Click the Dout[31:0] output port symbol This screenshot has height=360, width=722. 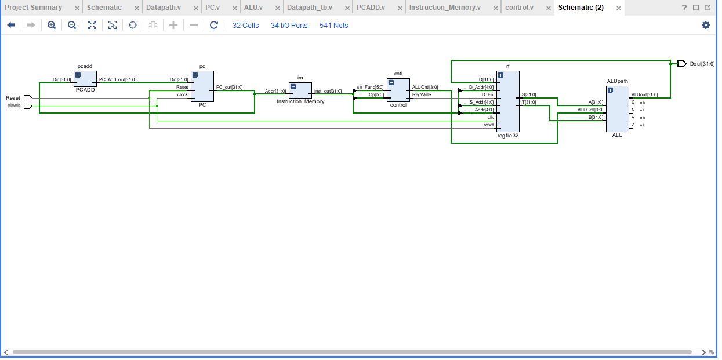tap(681, 64)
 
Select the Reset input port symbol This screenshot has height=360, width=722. tap(27, 99)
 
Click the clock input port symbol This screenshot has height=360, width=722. tap(27, 106)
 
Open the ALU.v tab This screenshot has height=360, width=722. tap(253, 8)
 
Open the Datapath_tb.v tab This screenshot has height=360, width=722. tap(310, 8)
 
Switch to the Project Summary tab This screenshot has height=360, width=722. tap(34, 8)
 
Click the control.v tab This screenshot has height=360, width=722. tap(519, 8)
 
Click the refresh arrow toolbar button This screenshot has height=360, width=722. tap(214, 25)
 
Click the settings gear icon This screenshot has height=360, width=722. tap(705, 25)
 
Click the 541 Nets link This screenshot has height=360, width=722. tap(333, 26)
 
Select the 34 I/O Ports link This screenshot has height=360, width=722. tap(289, 26)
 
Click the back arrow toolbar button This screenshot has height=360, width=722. tap(11, 25)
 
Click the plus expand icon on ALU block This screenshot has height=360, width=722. tap(610, 90)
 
